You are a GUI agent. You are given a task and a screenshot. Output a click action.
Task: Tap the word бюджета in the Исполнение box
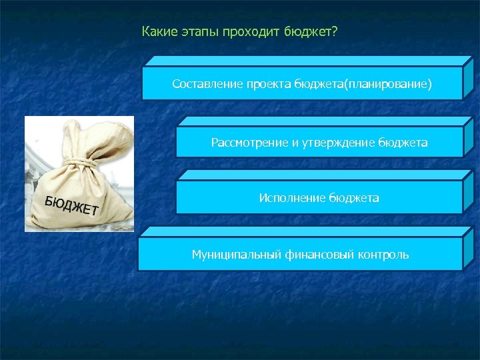coord(354,198)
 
